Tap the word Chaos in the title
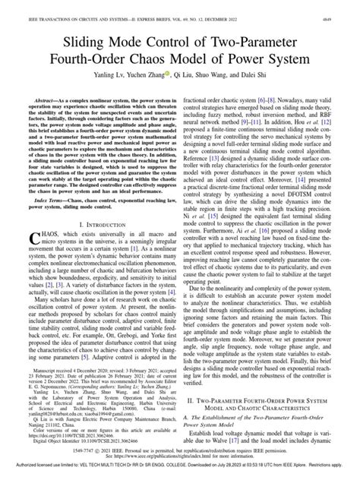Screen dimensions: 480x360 (x=187, y=57)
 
